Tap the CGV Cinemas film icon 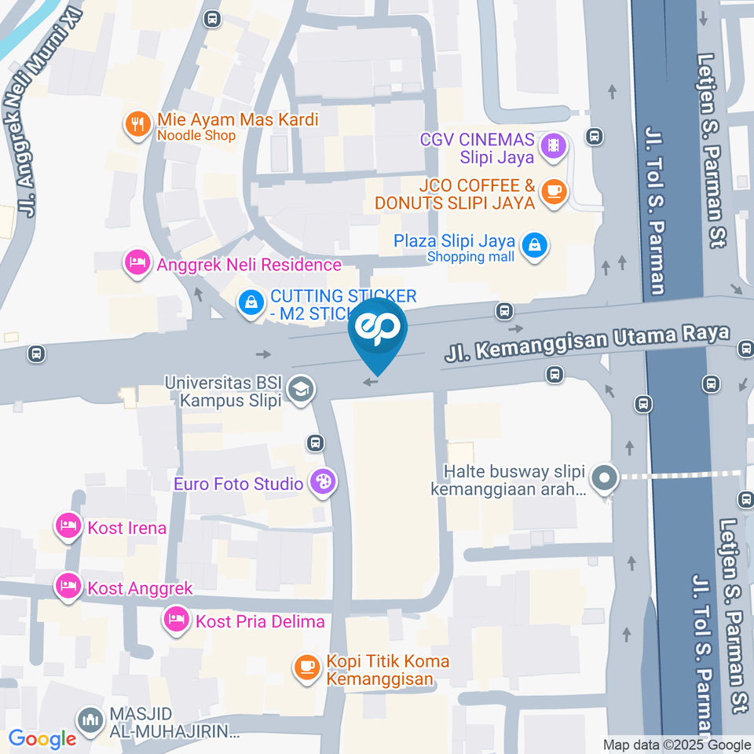[555, 146]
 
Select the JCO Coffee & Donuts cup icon [555, 192]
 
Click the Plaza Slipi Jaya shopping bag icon [535, 247]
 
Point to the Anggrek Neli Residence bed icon [138, 263]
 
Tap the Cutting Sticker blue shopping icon [251, 303]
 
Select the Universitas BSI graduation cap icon [300, 389]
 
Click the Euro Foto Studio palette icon [321, 482]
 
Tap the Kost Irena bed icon [68, 527]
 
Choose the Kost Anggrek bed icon [68, 587]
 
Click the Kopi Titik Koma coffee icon [306, 668]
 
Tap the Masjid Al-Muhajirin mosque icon [90, 721]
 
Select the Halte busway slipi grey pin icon [604, 478]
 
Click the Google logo [42, 739]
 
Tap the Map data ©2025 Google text [676, 745]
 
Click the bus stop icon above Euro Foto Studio [316, 443]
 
